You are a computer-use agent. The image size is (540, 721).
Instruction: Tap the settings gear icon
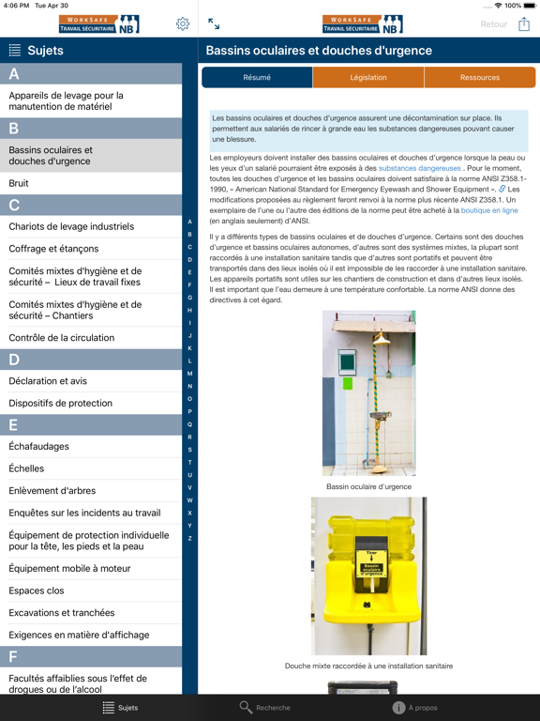(183, 24)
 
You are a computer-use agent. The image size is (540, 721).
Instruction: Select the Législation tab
(368, 78)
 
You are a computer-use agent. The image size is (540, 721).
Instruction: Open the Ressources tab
(479, 78)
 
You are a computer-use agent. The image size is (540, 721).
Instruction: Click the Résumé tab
(257, 78)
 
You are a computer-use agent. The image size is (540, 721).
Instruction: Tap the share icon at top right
(524, 24)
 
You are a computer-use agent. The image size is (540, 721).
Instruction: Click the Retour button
(493, 24)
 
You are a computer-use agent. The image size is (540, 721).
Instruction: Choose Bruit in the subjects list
(19, 183)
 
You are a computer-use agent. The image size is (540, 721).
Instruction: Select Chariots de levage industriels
(71, 226)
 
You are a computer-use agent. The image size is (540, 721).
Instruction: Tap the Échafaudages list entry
(39, 446)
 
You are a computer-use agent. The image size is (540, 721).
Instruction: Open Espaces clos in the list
(37, 591)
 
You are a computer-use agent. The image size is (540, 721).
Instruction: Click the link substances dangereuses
(419, 168)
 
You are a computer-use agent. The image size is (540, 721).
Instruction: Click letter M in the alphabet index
(190, 374)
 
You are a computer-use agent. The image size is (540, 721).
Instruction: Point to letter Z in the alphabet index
(190, 539)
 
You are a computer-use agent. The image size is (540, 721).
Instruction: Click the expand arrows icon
(214, 24)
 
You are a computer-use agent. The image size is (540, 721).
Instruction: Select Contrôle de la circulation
(62, 337)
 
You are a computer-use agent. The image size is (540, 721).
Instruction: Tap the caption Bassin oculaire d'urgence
(368, 486)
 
